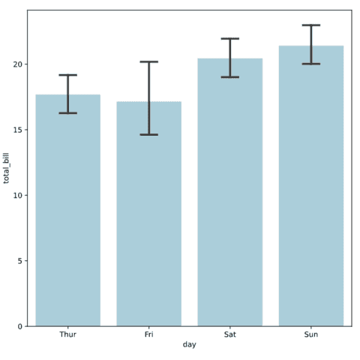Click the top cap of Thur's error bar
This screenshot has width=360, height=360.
(x=67, y=75)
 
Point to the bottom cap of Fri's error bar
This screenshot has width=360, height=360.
(x=148, y=135)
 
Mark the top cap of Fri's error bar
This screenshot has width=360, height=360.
(x=148, y=61)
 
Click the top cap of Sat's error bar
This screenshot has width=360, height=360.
(x=230, y=38)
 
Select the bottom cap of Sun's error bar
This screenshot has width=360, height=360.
(x=311, y=64)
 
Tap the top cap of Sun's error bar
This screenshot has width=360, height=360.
(x=311, y=25)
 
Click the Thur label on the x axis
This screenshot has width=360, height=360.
(x=67, y=334)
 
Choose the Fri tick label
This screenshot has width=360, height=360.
(x=148, y=334)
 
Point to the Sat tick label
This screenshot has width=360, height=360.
(x=230, y=334)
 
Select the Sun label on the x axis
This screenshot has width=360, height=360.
(x=311, y=334)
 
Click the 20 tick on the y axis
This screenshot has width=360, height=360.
(x=18, y=64)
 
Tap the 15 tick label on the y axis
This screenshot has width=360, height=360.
(x=18, y=130)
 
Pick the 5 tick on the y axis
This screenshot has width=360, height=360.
(x=20, y=261)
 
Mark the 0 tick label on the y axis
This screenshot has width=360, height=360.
(x=20, y=326)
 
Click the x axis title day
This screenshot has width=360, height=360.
(x=189, y=345)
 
